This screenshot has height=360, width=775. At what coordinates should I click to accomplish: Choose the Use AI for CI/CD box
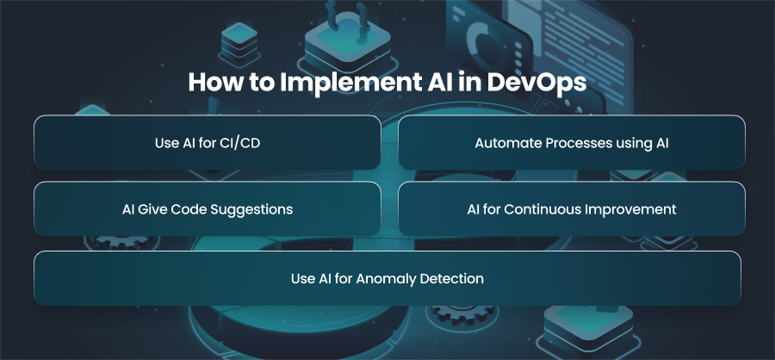(x=207, y=142)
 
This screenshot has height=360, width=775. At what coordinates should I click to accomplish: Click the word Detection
(x=452, y=278)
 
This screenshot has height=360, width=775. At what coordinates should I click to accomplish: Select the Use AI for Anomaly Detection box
(x=387, y=278)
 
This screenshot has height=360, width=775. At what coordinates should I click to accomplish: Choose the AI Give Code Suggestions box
(x=207, y=208)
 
